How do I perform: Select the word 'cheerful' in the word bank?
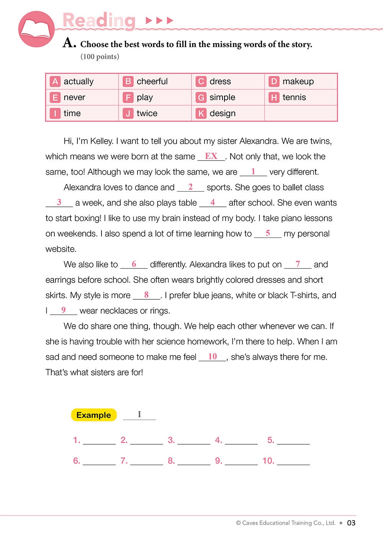(x=152, y=81)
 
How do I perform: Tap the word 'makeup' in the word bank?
(x=298, y=81)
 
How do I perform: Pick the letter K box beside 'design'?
(x=201, y=114)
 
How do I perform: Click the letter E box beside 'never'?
(x=55, y=97)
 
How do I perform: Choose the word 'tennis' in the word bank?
(x=294, y=97)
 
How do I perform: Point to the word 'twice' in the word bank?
(x=147, y=114)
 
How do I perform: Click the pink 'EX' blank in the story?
(x=211, y=156)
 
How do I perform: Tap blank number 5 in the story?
(x=268, y=233)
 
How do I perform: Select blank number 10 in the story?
(x=213, y=357)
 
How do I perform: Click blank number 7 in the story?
(x=298, y=264)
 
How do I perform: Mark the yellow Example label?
(x=94, y=415)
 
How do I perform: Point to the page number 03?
(x=351, y=523)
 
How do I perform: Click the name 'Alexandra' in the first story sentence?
(x=259, y=141)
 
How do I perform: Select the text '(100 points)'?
(x=100, y=57)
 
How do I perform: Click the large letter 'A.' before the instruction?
(x=69, y=43)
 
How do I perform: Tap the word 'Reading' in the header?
(x=99, y=20)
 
